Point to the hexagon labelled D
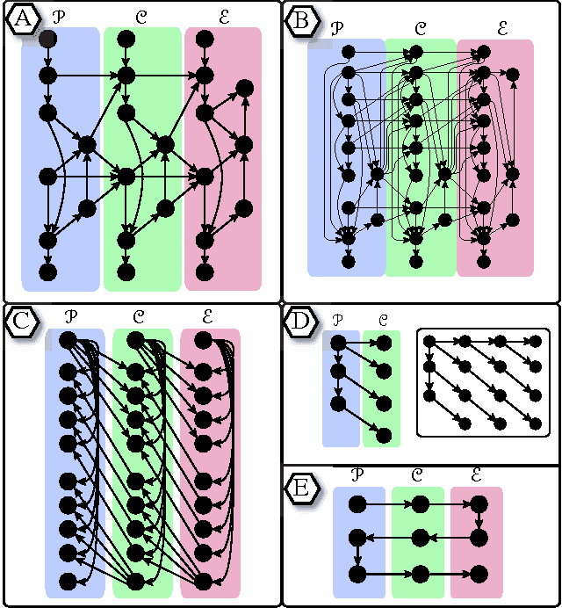pos(301,322)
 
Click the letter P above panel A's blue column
pos(59,16)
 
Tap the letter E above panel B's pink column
pos(502,29)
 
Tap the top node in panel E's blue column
pos(357,504)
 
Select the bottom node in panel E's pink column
pos(479,573)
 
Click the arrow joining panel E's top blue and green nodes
pos(388,504)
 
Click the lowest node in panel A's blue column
pos(48,270)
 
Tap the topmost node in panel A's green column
pos(126,39)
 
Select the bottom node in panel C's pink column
pos(203,581)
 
